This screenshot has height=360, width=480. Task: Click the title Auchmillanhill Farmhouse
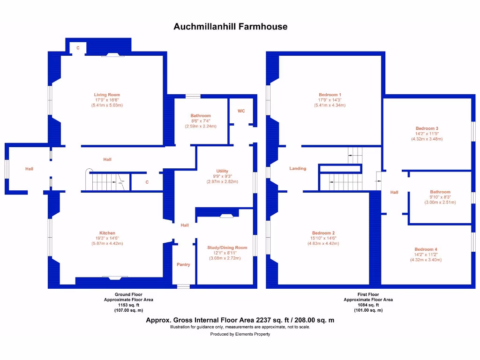(x=230, y=27)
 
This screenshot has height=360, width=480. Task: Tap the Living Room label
(x=107, y=95)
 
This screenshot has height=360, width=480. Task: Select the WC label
(x=241, y=111)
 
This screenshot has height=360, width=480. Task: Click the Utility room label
(x=222, y=171)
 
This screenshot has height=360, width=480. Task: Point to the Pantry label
(x=183, y=265)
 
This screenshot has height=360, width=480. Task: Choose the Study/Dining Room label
(x=227, y=247)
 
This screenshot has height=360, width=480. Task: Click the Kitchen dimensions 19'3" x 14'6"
(x=107, y=238)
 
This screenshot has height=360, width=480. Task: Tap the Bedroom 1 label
(x=330, y=95)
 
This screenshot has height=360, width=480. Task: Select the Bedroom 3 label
(x=427, y=128)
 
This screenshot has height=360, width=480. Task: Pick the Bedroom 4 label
(x=426, y=249)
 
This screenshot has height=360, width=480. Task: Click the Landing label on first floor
(x=298, y=168)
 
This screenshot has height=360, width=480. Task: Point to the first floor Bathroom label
(x=440, y=192)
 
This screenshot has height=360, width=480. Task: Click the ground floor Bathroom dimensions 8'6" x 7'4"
(x=201, y=121)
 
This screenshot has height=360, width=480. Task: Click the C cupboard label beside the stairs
(x=147, y=182)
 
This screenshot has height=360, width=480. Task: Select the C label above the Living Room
(x=78, y=48)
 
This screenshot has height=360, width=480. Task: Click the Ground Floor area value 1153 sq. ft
(x=128, y=305)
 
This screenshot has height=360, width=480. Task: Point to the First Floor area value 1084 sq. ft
(x=368, y=305)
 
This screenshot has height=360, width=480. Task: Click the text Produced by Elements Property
(x=240, y=334)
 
